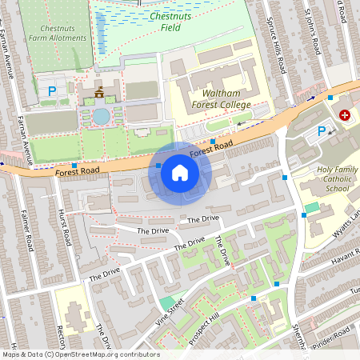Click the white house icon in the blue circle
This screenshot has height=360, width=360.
pyautogui.click(x=180, y=173)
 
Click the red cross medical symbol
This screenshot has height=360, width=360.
pyautogui.click(x=345, y=115)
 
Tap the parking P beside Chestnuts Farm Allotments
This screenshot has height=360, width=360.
pyautogui.click(x=52, y=91)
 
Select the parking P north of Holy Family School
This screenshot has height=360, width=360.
pyautogui.click(x=322, y=131)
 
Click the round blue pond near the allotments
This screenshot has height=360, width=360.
pyautogui.click(x=101, y=116)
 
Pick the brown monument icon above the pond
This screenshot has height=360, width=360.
pyautogui.click(x=100, y=94)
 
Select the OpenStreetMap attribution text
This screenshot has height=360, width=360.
pyautogui.click(x=80, y=354)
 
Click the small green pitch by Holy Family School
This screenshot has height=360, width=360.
pyautogui.click(x=311, y=208)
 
